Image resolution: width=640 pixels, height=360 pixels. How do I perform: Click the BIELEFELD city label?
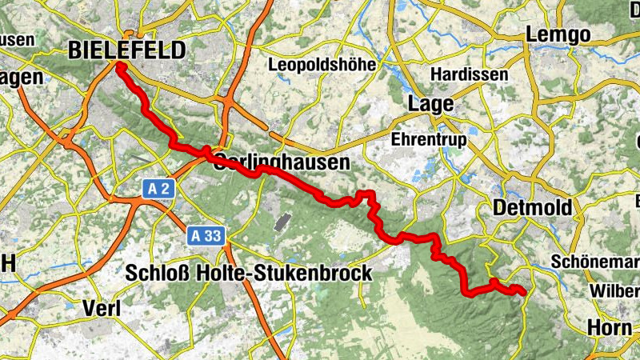pyautogui.click(x=127, y=50)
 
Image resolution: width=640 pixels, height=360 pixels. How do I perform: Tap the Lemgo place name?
pyautogui.click(x=558, y=34)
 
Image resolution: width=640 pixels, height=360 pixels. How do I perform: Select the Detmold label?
pyautogui.click(x=533, y=208)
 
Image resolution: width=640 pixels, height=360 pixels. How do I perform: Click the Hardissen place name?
pyautogui.click(x=469, y=74)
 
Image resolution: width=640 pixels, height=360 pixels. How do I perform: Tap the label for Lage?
pyautogui.click(x=430, y=104)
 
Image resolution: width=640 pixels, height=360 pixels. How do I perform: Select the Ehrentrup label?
pyautogui.click(x=428, y=138)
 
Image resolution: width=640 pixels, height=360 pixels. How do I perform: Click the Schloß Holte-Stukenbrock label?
pyautogui.click(x=249, y=273)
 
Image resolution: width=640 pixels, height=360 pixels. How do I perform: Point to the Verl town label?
pyautogui.click(x=102, y=308)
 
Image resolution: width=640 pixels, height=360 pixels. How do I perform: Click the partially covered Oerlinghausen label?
pyautogui.click(x=282, y=162)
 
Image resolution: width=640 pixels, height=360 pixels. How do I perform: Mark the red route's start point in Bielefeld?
pyautogui.click(x=118, y=66)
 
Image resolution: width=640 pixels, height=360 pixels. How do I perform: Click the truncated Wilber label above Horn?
pyautogui.click(x=614, y=290)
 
